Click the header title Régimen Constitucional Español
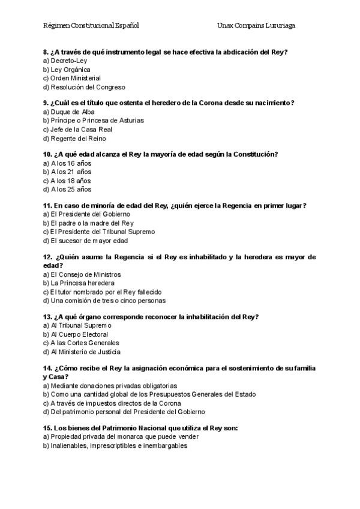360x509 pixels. [91, 26]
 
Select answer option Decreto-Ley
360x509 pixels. [65, 61]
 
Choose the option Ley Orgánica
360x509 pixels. [67, 70]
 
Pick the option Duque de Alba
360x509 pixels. [65, 112]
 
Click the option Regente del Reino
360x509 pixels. [71, 138]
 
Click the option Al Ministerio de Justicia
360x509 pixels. [82, 352]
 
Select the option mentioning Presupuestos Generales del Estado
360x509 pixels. [149, 394]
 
